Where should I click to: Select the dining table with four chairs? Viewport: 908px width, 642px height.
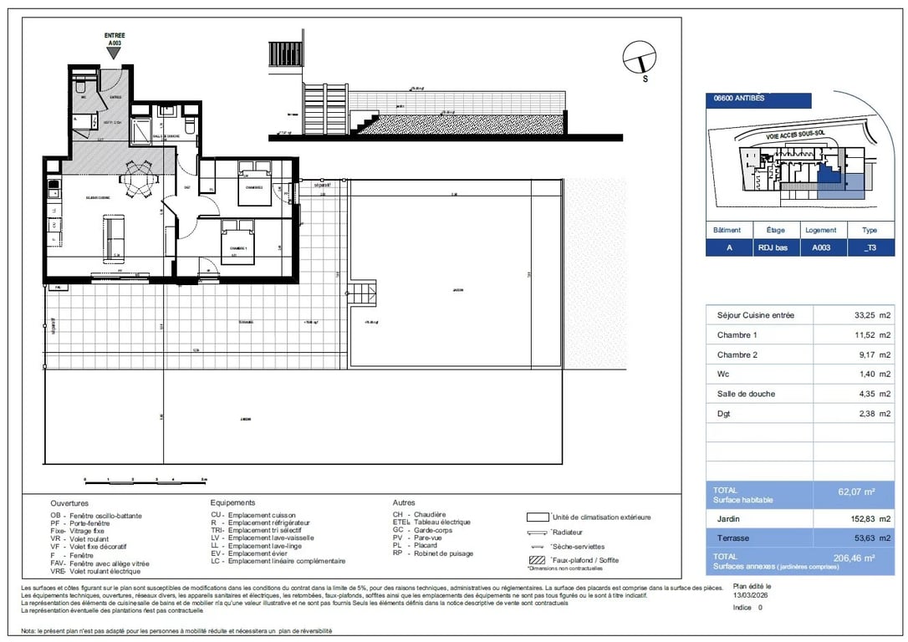135,178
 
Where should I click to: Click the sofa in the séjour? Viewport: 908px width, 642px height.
114,235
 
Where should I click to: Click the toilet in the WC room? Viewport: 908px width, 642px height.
81,87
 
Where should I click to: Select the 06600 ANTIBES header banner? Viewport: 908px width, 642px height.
758,99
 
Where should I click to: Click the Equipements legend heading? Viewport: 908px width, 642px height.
232,502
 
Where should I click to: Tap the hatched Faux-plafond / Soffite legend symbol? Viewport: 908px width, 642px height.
536,559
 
